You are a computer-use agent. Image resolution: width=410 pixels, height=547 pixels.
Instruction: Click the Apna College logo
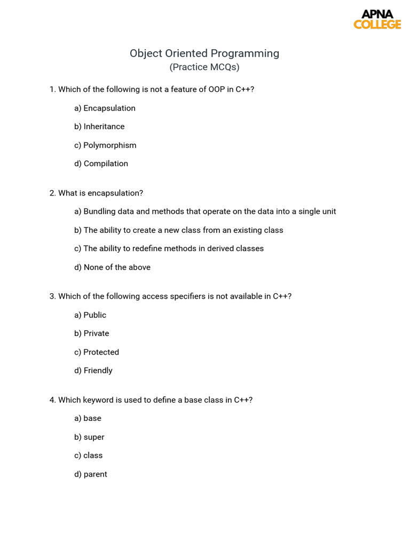377,19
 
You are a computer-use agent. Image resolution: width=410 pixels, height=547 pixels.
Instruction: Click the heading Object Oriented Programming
204,53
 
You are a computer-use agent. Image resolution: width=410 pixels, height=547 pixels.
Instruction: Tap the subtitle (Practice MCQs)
204,67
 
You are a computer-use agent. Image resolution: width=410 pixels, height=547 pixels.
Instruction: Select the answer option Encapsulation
105,108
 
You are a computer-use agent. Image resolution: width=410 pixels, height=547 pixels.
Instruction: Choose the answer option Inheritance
99,127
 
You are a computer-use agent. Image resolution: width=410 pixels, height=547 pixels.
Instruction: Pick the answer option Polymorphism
105,145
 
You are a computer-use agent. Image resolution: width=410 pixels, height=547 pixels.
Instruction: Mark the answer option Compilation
101,163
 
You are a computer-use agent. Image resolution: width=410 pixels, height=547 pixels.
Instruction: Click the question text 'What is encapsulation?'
97,193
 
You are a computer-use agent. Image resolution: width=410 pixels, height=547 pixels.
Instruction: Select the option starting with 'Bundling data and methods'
205,212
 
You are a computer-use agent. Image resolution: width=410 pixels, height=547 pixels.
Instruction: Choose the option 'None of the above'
112,267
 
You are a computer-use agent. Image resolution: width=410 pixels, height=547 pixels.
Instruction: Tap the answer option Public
90,315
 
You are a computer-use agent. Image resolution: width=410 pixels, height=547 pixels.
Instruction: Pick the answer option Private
92,333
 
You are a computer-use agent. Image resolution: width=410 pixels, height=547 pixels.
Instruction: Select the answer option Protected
97,352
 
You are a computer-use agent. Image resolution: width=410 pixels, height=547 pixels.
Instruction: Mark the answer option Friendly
93,370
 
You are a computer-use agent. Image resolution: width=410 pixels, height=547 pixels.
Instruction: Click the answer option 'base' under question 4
88,418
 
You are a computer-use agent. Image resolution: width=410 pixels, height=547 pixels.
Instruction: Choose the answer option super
89,437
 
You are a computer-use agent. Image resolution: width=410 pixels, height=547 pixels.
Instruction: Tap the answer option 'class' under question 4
88,456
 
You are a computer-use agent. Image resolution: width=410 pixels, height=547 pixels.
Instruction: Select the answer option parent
91,474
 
